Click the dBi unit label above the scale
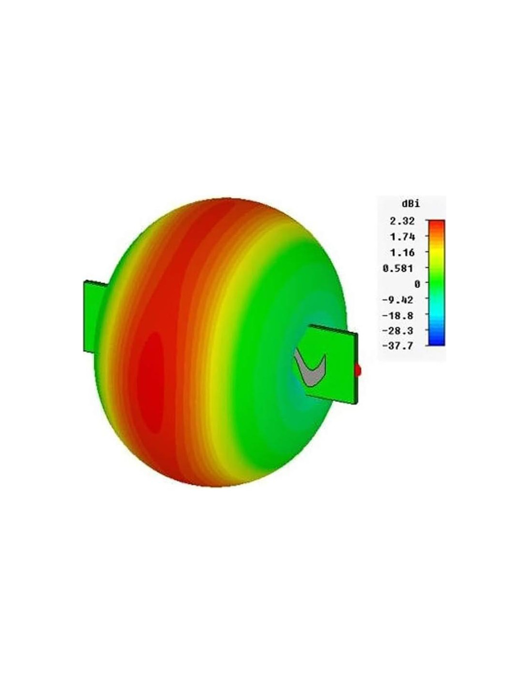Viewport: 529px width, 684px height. coord(410,203)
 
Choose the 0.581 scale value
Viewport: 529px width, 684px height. coord(398,268)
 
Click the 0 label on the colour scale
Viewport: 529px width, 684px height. coord(417,284)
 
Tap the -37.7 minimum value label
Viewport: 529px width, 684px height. coord(397,346)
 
